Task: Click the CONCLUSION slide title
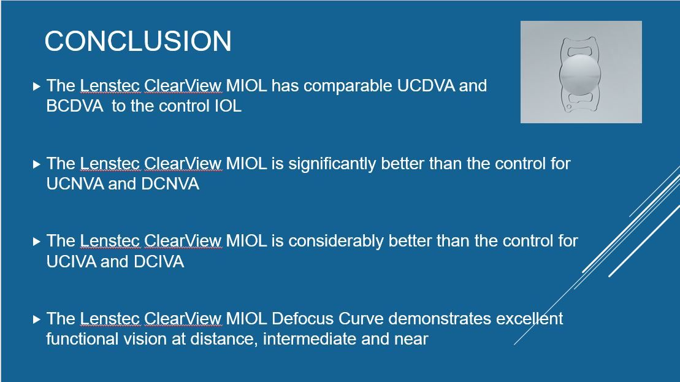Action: (138, 41)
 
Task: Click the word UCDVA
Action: (426, 86)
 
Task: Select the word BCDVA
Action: (75, 106)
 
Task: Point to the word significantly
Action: (332, 164)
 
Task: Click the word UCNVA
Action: (75, 184)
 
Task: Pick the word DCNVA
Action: (170, 184)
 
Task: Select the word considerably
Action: (335, 242)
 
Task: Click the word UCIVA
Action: (71, 261)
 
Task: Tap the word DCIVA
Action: (159, 261)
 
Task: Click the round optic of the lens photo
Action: (580, 74)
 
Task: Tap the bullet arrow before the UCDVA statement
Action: (36, 86)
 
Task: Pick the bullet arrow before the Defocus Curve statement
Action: (36, 319)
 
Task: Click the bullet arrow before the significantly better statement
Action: (36, 164)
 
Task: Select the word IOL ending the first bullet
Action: (228, 106)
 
